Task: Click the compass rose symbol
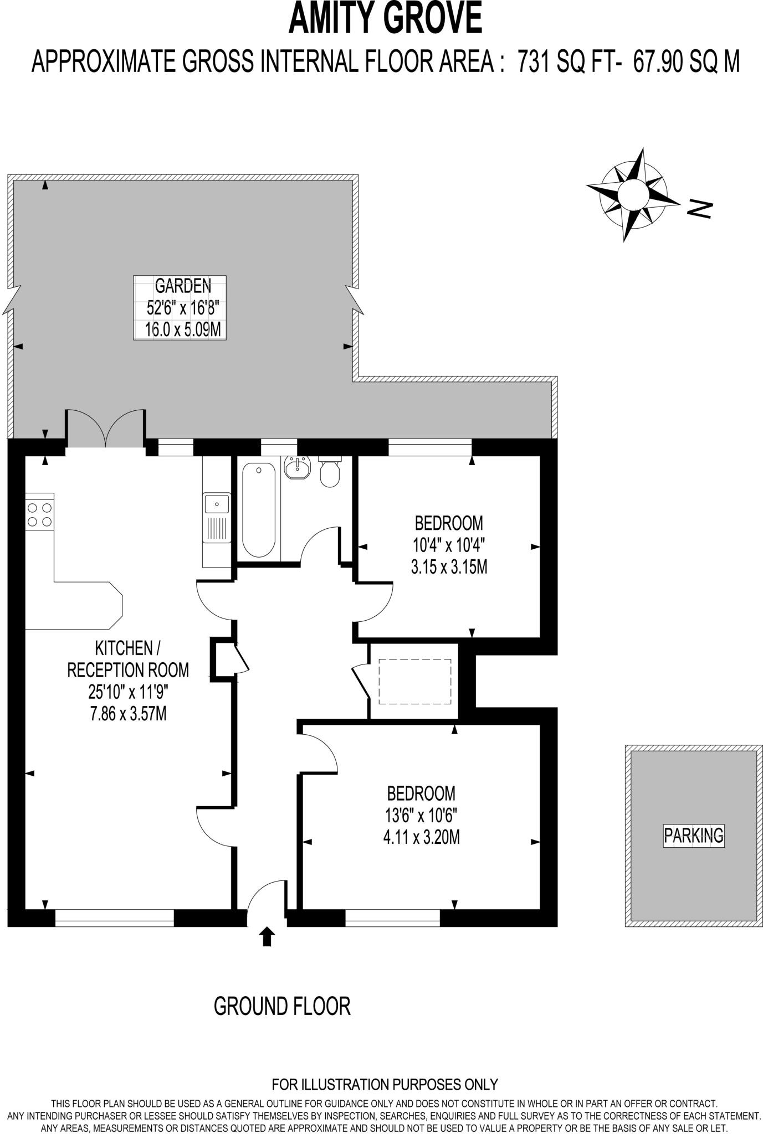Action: [633, 194]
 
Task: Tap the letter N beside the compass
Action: [699, 208]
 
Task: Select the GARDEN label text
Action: [182, 286]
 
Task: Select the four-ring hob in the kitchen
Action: [39, 514]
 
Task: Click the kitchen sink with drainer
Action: [217, 518]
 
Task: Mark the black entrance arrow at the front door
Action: [267, 936]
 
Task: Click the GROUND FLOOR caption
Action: [282, 1006]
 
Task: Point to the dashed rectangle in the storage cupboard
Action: [415, 682]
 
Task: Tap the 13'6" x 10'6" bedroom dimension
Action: [421, 815]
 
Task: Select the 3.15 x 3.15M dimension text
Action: [449, 567]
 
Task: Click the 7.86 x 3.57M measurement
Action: [128, 714]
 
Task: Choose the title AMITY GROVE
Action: [385, 18]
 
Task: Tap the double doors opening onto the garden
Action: [106, 429]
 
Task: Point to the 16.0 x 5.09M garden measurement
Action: [182, 330]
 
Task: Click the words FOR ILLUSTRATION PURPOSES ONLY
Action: [385, 1084]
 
